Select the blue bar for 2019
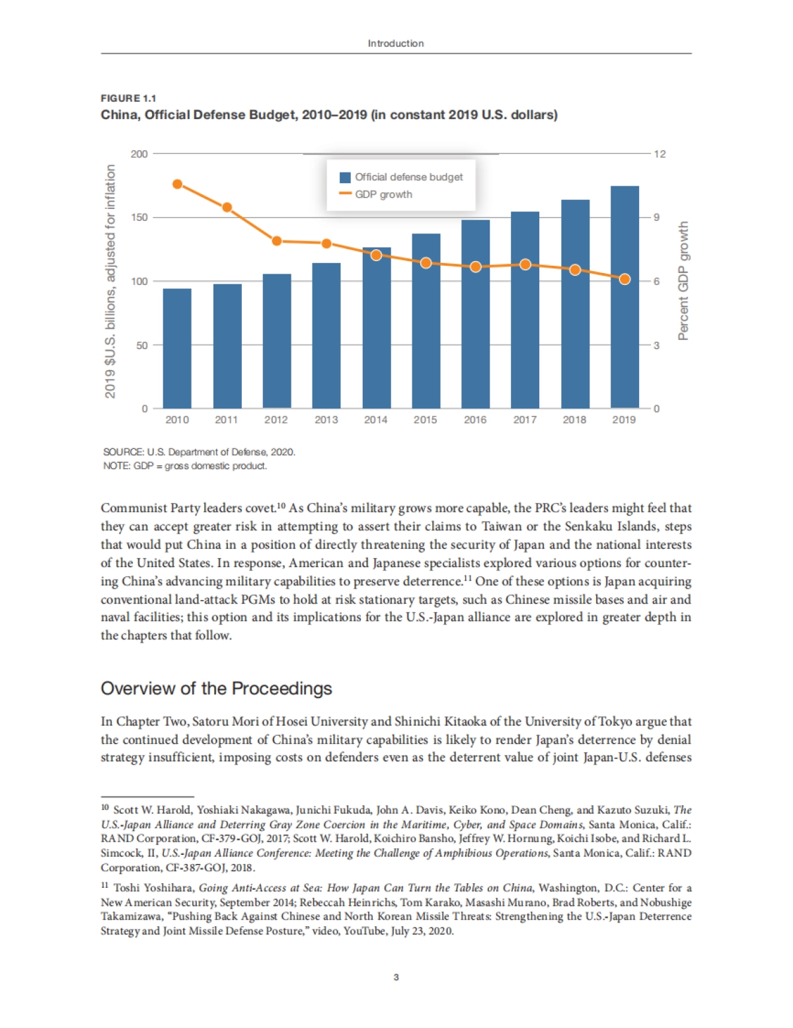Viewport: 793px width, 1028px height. point(624,297)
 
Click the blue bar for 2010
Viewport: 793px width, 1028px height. point(177,348)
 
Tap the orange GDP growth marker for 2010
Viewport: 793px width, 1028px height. point(177,184)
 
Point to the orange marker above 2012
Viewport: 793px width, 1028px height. point(277,241)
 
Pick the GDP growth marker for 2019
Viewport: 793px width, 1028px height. point(624,279)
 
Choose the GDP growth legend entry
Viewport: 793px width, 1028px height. point(383,194)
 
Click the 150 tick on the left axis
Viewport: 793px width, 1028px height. point(139,217)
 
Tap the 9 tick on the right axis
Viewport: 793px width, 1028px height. point(657,217)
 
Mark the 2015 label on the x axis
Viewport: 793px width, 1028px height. point(425,420)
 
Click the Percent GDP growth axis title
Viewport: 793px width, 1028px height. point(683,281)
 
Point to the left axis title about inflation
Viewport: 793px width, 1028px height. point(110,281)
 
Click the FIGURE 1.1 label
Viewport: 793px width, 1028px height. point(128,98)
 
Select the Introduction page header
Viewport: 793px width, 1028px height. point(396,44)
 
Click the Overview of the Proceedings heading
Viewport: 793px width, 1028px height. point(216,689)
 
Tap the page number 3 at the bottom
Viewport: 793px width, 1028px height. point(396,977)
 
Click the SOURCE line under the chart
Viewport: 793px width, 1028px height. point(199,452)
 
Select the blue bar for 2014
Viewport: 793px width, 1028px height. point(377,329)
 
